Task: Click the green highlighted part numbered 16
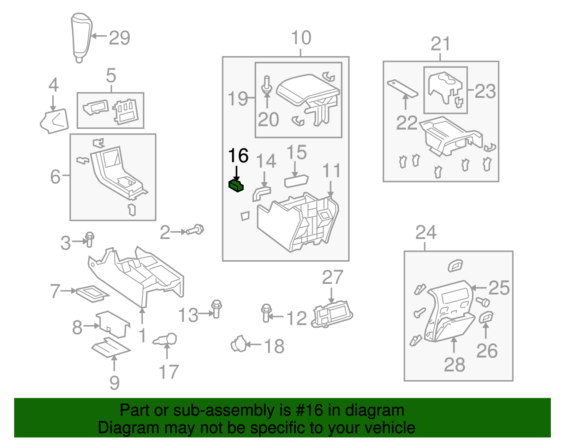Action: tap(236, 185)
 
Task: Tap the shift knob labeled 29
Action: tap(81, 37)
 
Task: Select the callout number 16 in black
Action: tap(238, 156)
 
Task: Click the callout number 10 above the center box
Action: tap(301, 38)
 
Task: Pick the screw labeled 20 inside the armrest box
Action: tap(267, 85)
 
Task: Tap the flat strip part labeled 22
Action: tap(403, 89)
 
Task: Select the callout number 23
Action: tap(485, 91)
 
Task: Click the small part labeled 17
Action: tap(166, 340)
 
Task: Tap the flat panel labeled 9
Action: tap(111, 347)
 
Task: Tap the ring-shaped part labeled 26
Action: tap(486, 317)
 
